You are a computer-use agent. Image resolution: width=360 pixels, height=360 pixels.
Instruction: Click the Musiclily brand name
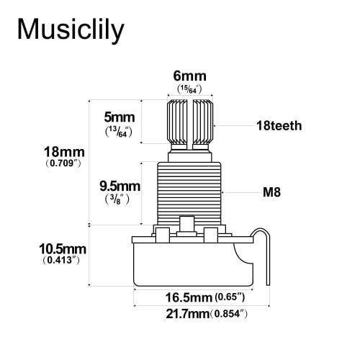[x=71, y=30]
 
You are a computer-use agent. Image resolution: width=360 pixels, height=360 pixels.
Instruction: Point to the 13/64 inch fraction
[x=117, y=132]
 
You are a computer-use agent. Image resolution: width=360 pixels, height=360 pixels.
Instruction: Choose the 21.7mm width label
[x=181, y=314]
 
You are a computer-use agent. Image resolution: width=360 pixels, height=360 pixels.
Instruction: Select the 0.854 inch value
[x=229, y=314]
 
